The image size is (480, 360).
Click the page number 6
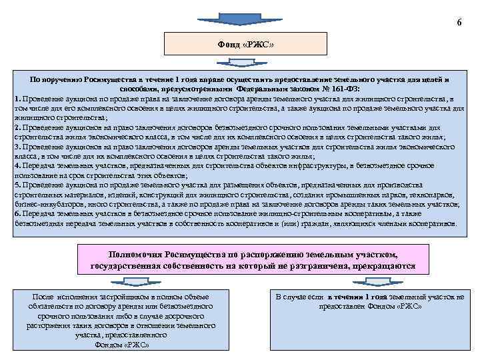click(459, 23)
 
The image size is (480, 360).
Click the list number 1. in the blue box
click(17, 97)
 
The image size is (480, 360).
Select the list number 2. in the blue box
click(17, 125)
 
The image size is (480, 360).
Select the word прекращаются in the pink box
click(387, 266)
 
